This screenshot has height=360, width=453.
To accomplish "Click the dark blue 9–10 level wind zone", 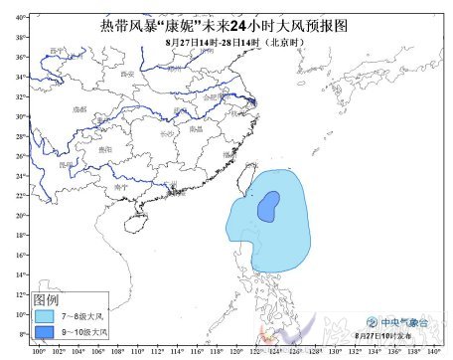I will point(267,208).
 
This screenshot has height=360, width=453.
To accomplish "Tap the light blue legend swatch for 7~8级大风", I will point(46,313).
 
